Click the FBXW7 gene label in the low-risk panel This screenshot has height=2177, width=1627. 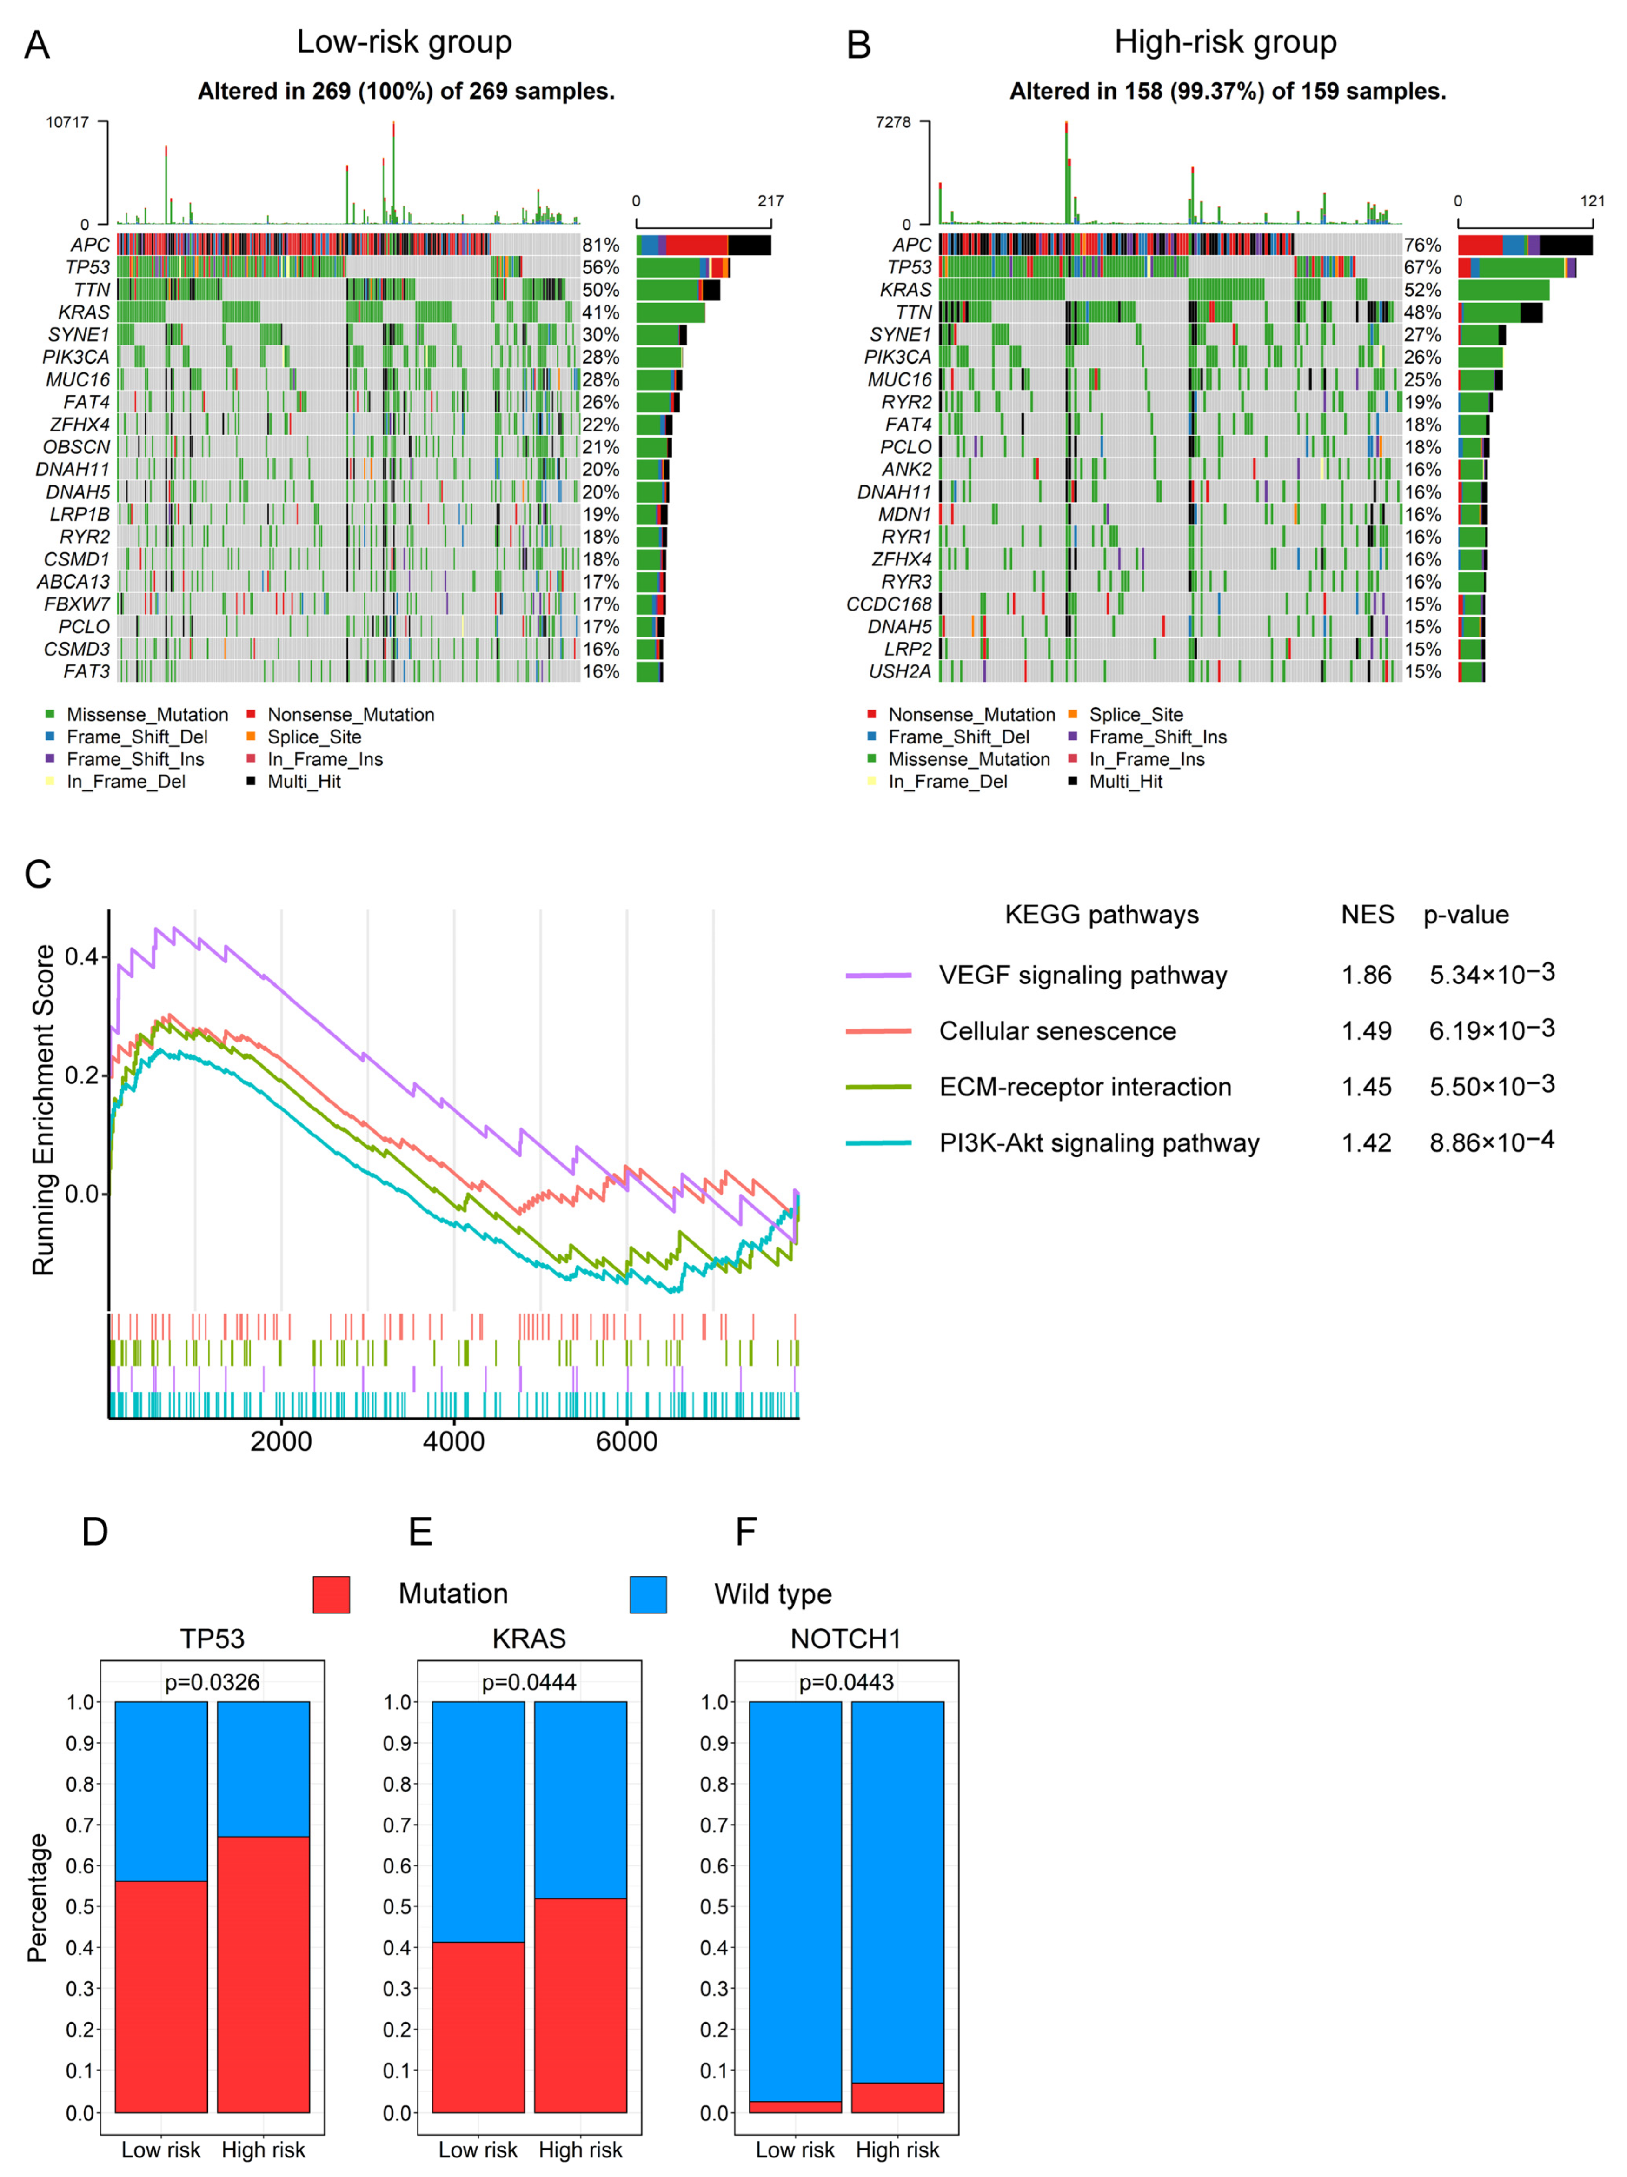click(77, 604)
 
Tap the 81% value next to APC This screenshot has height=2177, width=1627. click(600, 245)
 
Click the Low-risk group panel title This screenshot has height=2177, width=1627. click(404, 42)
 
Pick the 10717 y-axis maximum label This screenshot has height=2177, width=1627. click(67, 123)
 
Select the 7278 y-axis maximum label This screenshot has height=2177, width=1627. click(893, 123)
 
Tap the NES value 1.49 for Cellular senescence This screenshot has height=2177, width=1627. click(1366, 1031)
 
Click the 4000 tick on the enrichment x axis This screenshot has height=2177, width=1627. click(454, 1442)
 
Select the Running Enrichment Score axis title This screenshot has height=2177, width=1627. click(43, 1110)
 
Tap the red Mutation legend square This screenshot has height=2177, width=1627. click(331, 1594)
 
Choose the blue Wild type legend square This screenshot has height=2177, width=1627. click(648, 1594)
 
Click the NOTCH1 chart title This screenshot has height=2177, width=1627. click(845, 1639)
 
